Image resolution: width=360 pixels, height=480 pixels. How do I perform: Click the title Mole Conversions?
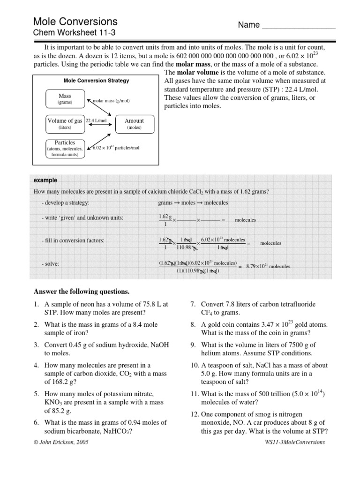click(x=75, y=22)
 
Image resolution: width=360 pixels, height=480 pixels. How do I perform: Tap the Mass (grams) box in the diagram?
click(x=65, y=99)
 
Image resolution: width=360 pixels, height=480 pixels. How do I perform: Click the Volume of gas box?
click(x=65, y=124)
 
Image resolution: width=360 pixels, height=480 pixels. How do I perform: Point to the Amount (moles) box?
click(x=134, y=124)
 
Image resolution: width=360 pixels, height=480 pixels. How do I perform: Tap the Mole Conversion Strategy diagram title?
click(x=96, y=81)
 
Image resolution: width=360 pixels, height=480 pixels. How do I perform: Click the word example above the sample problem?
click(x=45, y=180)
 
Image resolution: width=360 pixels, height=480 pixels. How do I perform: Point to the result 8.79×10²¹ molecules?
click(x=268, y=266)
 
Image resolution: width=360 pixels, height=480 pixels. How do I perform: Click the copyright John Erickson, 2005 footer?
click(x=60, y=442)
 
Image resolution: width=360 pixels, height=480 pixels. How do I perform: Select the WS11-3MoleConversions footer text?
click(x=294, y=442)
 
